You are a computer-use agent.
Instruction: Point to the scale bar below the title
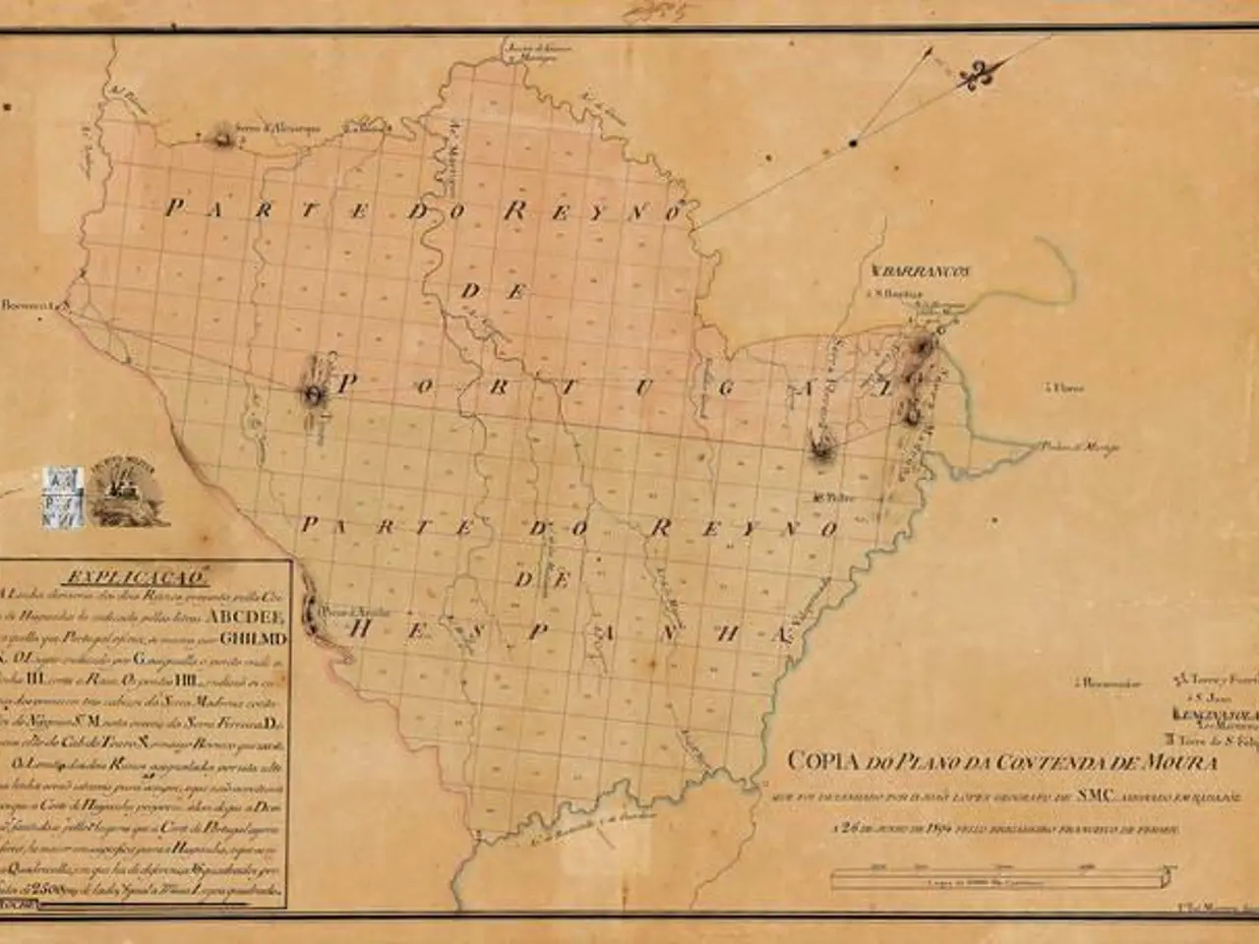click(x=1003, y=874)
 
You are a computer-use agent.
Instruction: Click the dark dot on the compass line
click(x=854, y=144)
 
